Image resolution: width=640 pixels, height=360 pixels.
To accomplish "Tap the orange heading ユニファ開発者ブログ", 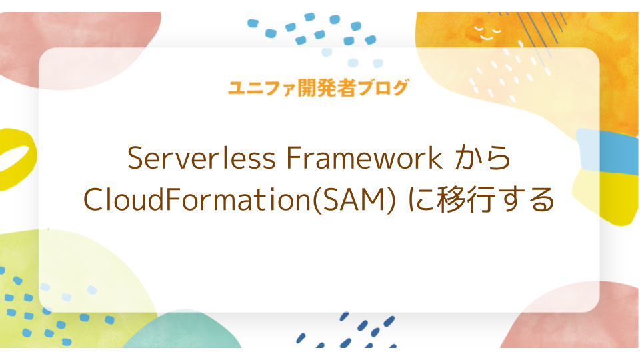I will click(318, 88).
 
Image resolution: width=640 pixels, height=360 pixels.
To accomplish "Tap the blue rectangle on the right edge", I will click(617, 149).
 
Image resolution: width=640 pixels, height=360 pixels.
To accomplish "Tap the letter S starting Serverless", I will click(134, 159).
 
